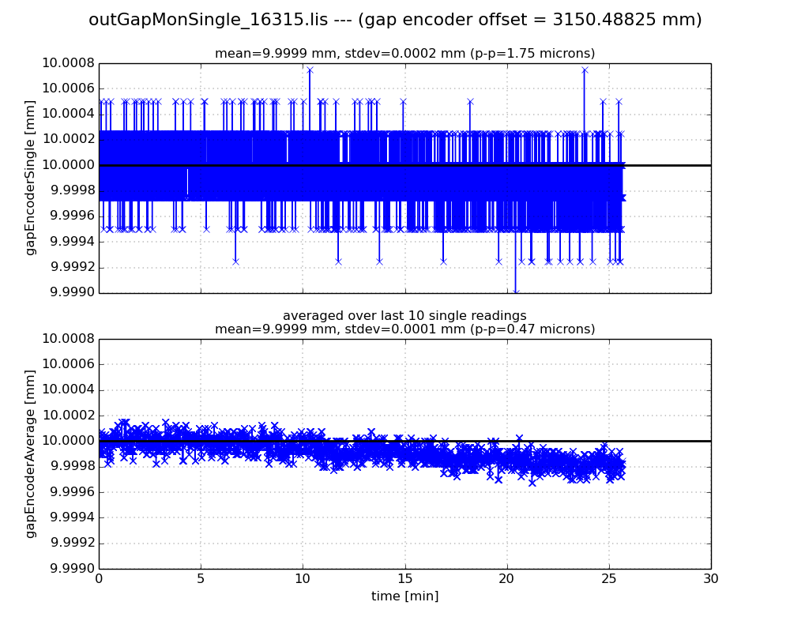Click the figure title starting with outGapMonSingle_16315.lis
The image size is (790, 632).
(395, 20)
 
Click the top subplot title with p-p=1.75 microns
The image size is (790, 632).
(404, 54)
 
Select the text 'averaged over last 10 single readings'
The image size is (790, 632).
(404, 316)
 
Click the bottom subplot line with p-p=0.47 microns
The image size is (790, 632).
(404, 329)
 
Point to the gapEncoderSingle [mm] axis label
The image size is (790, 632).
(31, 177)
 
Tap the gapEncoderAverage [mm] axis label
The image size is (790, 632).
(31, 453)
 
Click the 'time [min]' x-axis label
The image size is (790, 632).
(404, 596)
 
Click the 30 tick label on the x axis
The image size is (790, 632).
(711, 578)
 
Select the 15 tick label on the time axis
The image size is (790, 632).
(404, 578)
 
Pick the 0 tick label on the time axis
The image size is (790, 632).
(99, 578)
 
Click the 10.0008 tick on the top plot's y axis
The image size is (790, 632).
(73, 63)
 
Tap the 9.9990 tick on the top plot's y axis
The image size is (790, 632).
(73, 292)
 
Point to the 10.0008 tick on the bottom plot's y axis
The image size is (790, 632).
(73, 339)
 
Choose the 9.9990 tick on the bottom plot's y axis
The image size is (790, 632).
(73, 569)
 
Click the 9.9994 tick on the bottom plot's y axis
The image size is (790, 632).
(73, 517)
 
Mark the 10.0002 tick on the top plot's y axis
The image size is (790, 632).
(73, 139)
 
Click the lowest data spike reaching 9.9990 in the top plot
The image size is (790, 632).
(516, 292)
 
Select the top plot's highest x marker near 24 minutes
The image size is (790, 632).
(585, 70)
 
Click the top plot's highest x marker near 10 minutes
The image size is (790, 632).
(310, 70)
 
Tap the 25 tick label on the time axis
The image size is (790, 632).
(609, 578)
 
